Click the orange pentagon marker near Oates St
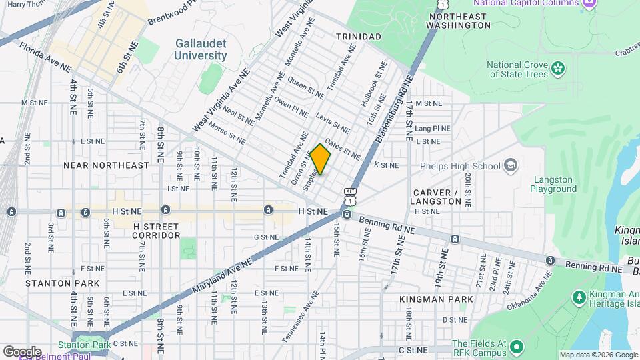[321, 159]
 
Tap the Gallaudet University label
[201, 49]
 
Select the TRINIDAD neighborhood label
[359, 36]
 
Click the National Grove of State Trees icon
[558, 68]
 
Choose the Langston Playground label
[553, 184]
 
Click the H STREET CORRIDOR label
[156, 231]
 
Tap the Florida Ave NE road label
[45, 58]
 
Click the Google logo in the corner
[22, 351]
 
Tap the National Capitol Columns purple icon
[589, 5]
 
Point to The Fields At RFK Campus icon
[517, 345]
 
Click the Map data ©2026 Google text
[598, 355]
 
